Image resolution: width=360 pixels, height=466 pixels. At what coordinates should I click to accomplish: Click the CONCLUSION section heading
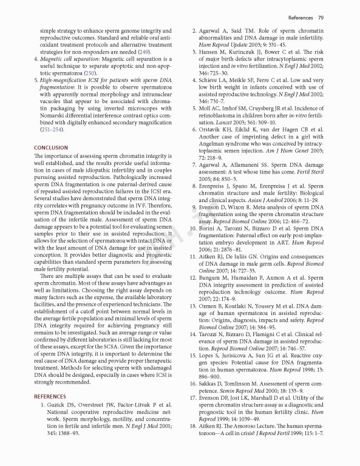click(51, 147)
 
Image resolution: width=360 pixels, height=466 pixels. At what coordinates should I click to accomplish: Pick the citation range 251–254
click(53, 129)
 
